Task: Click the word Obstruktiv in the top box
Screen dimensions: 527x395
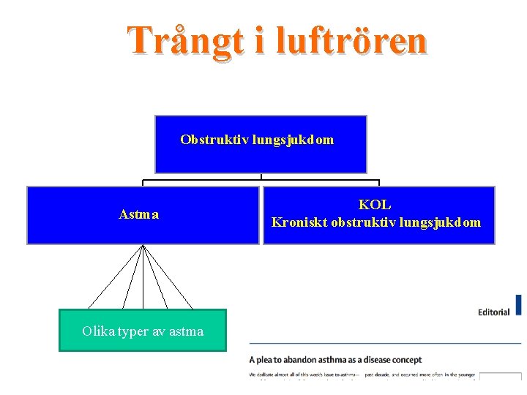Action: pyautogui.click(x=214, y=140)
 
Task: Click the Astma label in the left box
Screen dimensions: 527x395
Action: pyautogui.click(x=139, y=215)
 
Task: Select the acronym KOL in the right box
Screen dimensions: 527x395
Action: pyautogui.click(x=375, y=206)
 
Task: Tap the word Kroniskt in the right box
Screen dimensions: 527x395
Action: pyautogui.click(x=299, y=222)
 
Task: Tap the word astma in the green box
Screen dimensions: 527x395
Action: pyautogui.click(x=187, y=331)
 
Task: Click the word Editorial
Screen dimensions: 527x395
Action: pyautogui.click(x=493, y=312)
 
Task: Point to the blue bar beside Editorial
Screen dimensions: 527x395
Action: pyautogui.click(x=519, y=305)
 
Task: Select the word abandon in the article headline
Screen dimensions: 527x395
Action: pyautogui.click(x=313, y=360)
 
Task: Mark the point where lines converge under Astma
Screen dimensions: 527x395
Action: pyautogui.click(x=143, y=245)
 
